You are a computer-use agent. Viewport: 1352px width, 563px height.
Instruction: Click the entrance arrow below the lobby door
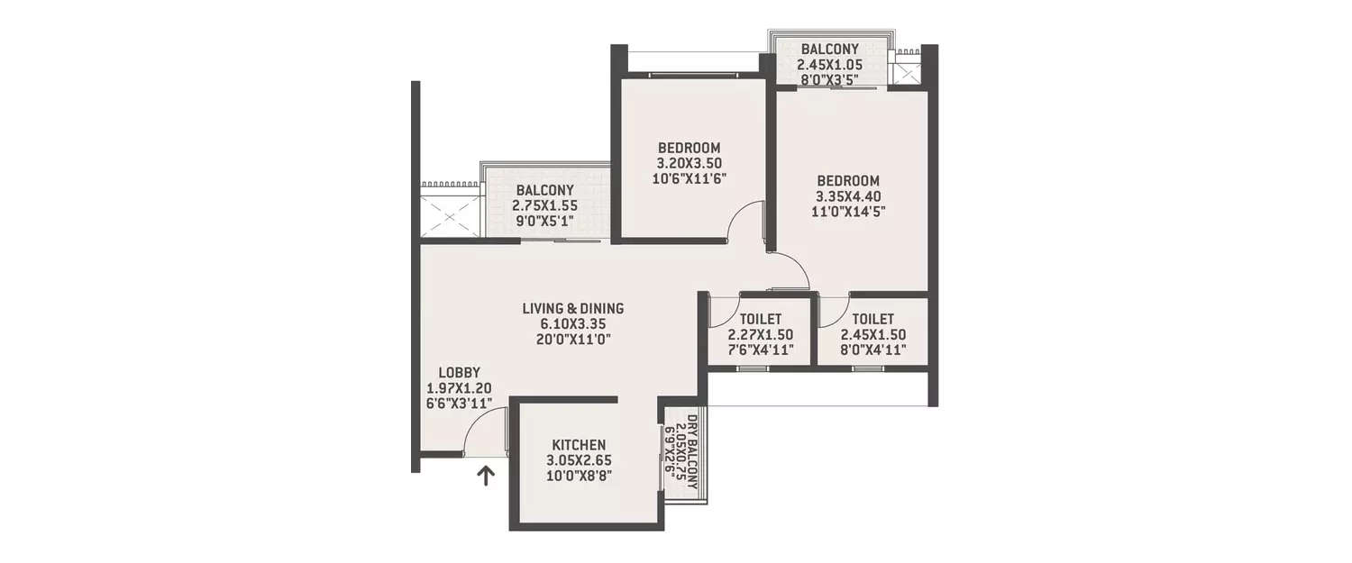coord(486,475)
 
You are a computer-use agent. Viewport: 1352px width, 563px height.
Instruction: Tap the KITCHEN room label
coord(579,445)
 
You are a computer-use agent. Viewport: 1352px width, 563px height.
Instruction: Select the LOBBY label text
coord(459,372)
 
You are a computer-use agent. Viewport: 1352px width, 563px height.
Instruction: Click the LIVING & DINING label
coord(572,308)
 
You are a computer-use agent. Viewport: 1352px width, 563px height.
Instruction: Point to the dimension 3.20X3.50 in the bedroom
coord(689,163)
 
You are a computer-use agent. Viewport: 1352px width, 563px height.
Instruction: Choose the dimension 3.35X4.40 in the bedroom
coord(847,196)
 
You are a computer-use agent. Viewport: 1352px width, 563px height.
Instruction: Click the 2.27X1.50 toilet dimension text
coord(760,334)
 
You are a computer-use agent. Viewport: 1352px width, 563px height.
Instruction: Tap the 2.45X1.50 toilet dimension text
coord(872,334)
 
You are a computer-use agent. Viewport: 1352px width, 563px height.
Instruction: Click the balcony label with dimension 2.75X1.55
coord(544,190)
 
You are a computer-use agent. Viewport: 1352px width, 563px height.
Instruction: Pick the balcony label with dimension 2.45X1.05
coord(828,49)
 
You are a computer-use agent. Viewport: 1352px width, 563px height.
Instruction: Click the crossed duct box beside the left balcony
coord(450,217)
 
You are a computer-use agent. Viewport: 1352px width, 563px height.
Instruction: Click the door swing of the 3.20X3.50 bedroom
coord(746,222)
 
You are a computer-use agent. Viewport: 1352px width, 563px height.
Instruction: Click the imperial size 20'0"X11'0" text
coord(572,340)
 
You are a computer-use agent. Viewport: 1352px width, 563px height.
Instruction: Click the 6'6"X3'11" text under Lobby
coord(459,404)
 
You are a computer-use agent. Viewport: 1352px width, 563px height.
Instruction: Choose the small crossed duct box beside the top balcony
coord(904,67)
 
